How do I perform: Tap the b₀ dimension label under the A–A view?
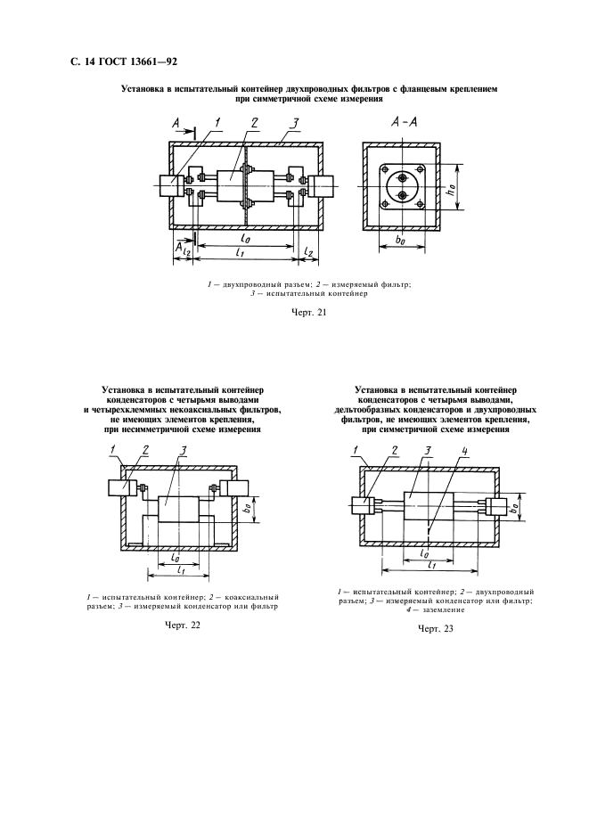pos(400,241)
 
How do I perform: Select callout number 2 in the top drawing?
pos(254,123)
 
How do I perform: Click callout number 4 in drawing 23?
pos(463,450)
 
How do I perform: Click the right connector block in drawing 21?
pos(322,186)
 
